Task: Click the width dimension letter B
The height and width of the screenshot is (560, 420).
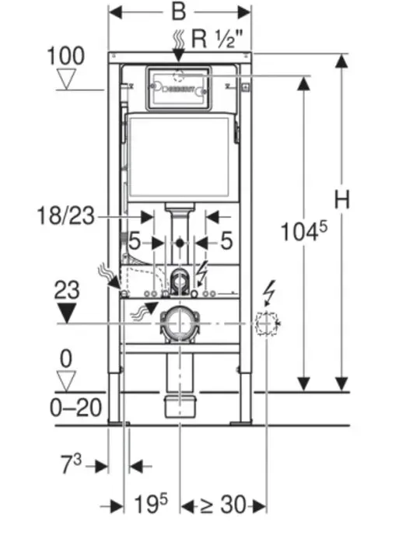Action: [x=180, y=12]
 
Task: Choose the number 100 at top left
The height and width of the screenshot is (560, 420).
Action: [x=65, y=56]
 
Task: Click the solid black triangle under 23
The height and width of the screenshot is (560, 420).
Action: [x=67, y=313]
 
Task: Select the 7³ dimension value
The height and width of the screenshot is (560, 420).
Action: [x=71, y=466]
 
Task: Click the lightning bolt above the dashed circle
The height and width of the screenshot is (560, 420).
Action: [x=271, y=292]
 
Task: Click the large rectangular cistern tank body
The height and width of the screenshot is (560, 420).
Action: [x=180, y=156]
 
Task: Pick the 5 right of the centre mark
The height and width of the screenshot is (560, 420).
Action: [x=226, y=242]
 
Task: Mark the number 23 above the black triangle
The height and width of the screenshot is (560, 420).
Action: [x=67, y=291]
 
